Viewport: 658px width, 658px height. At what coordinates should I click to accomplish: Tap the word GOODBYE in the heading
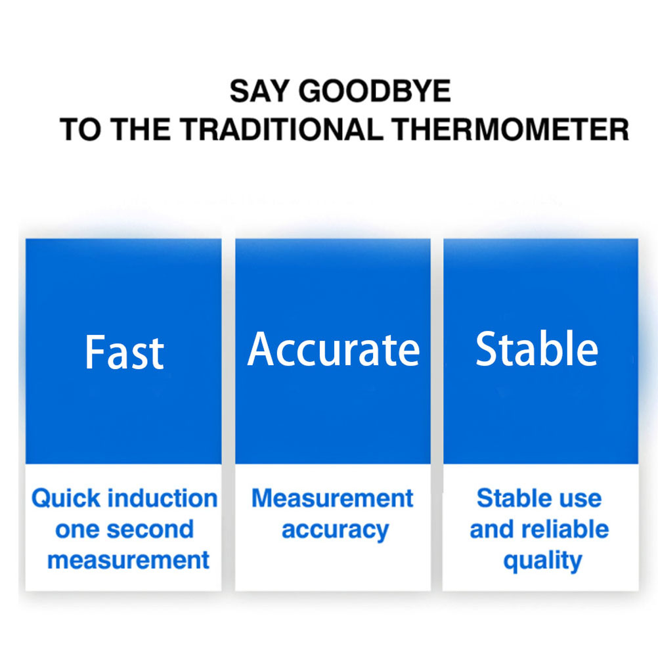click(375, 91)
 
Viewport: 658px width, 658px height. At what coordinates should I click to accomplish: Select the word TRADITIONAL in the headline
click(282, 129)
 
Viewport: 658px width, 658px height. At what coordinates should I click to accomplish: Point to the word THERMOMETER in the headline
click(511, 129)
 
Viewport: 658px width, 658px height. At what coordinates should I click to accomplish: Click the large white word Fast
click(124, 353)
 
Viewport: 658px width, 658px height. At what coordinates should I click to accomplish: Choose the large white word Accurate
click(334, 349)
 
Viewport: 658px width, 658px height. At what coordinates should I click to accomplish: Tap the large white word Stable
click(537, 348)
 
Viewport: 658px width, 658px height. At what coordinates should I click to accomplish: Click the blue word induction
click(164, 498)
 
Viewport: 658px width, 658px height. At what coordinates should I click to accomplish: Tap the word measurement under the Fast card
click(129, 561)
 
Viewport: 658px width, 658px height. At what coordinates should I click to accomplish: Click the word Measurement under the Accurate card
click(332, 498)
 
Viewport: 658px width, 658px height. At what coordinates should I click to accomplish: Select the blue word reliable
click(565, 529)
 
